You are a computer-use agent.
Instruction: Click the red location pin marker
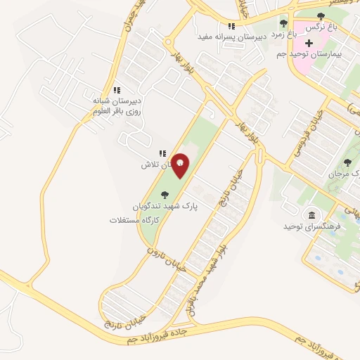(x=181, y=165)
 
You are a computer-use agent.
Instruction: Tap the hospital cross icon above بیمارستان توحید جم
(x=310, y=43)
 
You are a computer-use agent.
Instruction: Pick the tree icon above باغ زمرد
(x=283, y=23)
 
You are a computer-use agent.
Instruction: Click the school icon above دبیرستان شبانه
(x=117, y=90)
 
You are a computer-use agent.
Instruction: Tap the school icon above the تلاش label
(x=162, y=153)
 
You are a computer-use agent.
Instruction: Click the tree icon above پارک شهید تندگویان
(x=165, y=195)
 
